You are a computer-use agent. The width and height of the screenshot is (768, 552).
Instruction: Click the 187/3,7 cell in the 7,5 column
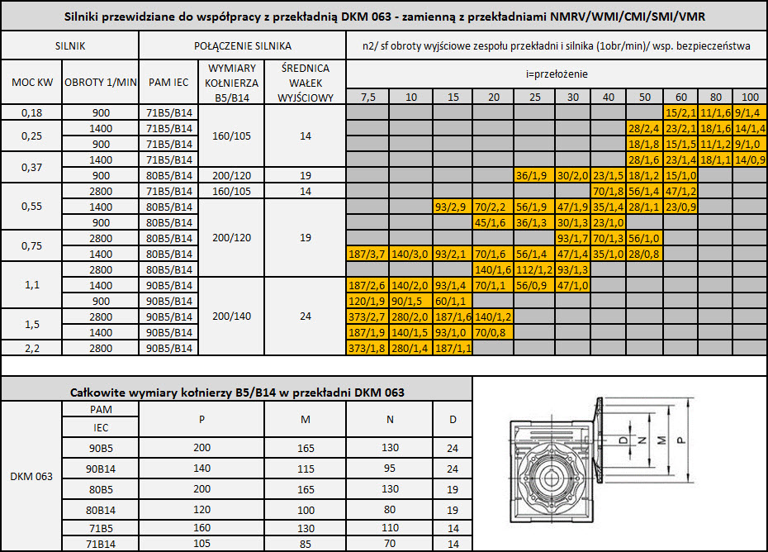point(367,254)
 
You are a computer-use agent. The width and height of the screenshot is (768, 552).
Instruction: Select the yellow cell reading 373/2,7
point(367,316)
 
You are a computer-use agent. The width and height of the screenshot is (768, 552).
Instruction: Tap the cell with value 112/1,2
point(534,269)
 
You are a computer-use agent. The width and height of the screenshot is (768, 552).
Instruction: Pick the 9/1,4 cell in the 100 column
point(750,112)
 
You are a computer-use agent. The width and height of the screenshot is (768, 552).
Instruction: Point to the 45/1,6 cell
point(493,222)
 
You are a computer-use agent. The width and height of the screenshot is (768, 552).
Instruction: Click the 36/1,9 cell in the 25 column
point(534,175)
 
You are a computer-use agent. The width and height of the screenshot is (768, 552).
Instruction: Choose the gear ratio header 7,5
point(367,97)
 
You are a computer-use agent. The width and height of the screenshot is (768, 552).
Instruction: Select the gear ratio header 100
point(750,97)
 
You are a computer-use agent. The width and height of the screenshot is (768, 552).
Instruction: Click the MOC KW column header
point(32,83)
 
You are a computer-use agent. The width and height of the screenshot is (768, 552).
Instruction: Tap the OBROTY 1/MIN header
point(101,83)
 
